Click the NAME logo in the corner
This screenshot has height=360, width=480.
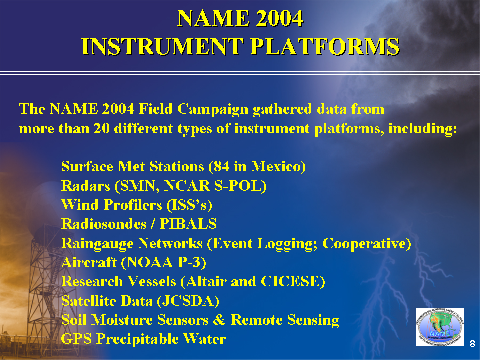point(440,327)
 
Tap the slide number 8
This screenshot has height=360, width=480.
point(472,344)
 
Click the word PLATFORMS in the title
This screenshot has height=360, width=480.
point(325,47)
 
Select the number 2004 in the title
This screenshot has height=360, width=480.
point(280,18)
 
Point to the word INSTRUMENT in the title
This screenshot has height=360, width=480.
point(162,47)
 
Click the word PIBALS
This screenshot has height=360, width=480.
point(188,224)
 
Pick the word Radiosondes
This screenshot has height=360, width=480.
point(104,224)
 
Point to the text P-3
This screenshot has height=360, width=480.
point(189,262)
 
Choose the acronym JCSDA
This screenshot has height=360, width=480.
point(188,301)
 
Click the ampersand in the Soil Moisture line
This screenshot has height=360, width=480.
point(219,320)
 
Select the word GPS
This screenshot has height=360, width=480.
point(76,339)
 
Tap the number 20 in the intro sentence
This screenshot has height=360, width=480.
point(102,128)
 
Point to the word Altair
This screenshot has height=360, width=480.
point(206,281)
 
